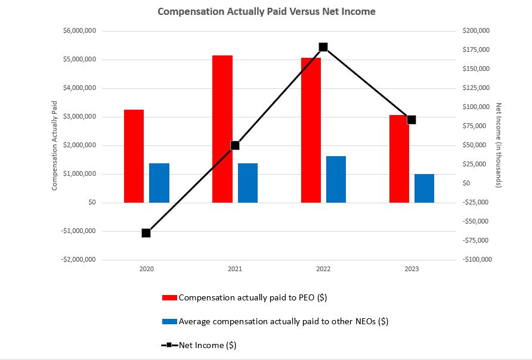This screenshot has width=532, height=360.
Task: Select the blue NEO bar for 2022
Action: point(336,179)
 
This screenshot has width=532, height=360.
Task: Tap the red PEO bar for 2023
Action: point(399,159)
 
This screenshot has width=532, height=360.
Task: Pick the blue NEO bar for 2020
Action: point(159,183)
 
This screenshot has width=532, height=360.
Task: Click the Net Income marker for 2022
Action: point(323,47)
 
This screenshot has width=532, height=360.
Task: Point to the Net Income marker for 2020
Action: point(146,233)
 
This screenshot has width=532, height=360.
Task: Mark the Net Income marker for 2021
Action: point(235,145)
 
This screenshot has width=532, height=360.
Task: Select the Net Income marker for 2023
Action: point(412,120)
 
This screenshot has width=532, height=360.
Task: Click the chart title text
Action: point(266,11)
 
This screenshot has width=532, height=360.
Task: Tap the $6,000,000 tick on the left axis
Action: point(79,31)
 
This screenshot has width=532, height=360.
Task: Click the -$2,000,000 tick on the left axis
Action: point(78,260)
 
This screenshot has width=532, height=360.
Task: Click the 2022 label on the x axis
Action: point(323,269)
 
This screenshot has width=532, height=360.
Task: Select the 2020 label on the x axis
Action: point(146,269)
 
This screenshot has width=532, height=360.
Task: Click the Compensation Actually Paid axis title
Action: point(54,145)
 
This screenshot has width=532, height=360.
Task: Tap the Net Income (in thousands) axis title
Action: point(499,145)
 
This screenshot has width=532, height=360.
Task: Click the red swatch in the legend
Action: point(169,297)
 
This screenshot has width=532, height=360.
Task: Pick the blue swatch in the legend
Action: point(169,321)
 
